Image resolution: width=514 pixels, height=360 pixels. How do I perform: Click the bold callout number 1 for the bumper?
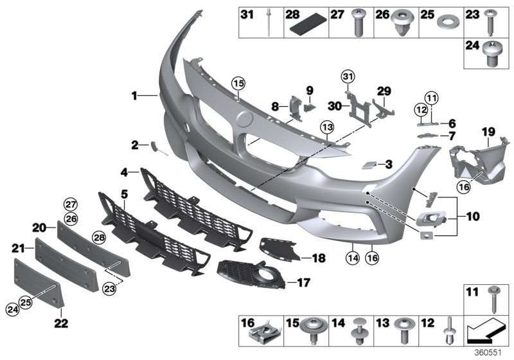pos(134,96)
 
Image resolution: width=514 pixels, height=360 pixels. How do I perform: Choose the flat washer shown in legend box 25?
pos(443,30)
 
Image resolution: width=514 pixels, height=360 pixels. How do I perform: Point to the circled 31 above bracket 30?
pos(347,78)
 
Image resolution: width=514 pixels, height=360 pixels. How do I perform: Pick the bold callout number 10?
pos(472,217)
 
